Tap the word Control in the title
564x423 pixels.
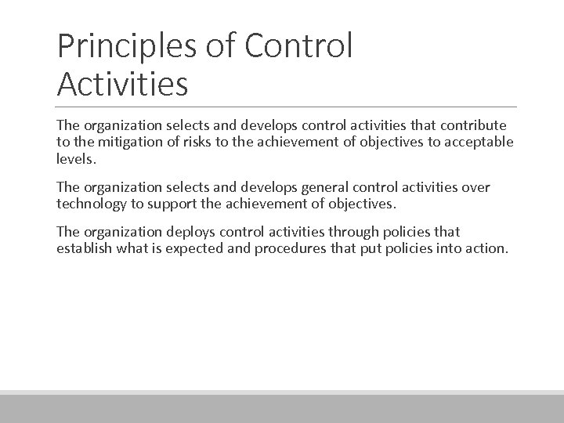[298, 46]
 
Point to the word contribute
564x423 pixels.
[474, 125]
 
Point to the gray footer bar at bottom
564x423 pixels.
[282, 409]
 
